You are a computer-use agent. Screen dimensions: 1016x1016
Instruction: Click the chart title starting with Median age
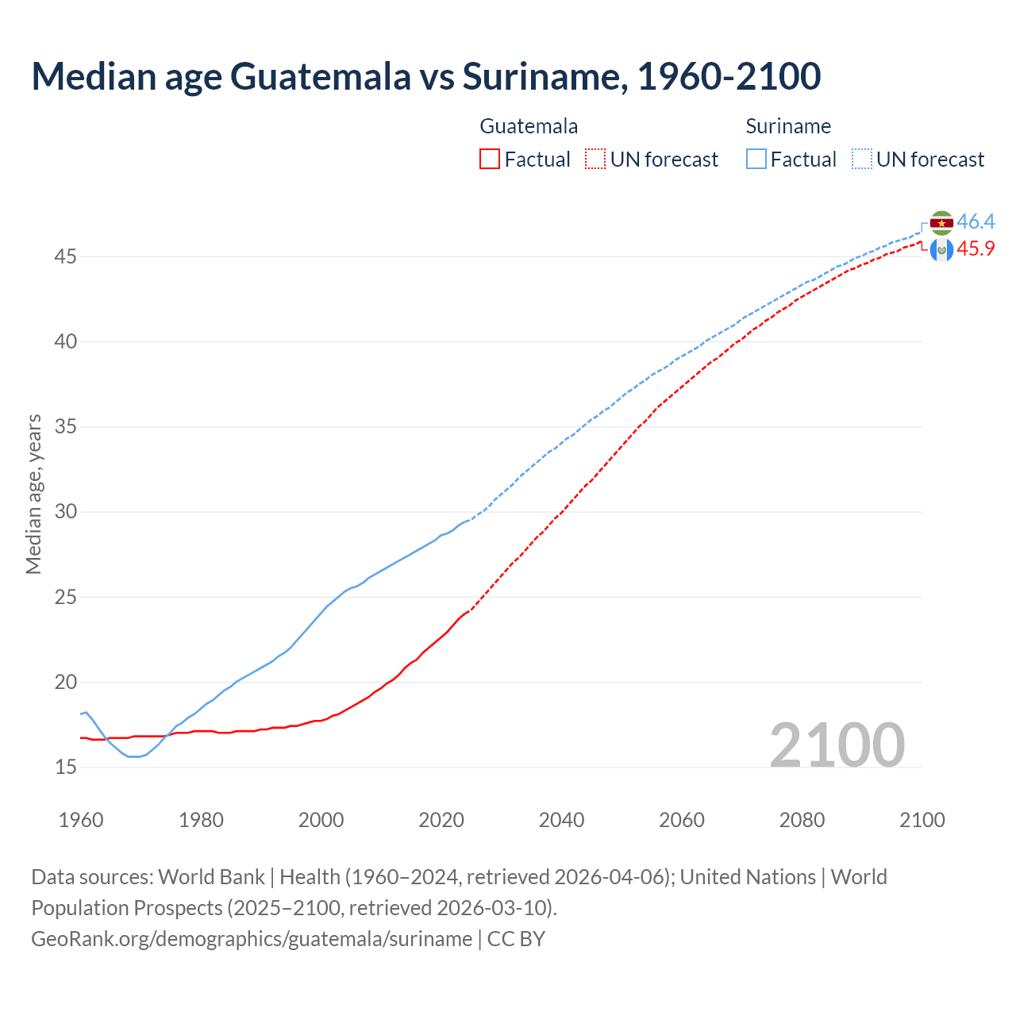pos(426,76)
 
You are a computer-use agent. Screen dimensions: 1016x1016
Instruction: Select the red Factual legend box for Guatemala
pos(490,160)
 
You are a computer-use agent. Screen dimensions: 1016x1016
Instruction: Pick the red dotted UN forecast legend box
pos(595,160)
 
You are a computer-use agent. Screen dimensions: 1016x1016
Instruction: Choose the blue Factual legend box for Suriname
pos(756,160)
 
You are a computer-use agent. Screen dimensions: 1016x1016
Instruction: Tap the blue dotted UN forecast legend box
pos(861,160)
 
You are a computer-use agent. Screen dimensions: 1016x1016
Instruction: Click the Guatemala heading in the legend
pos(529,126)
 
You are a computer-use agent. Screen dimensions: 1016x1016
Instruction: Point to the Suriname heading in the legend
pos(788,126)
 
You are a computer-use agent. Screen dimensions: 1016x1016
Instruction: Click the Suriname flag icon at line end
pos(941,223)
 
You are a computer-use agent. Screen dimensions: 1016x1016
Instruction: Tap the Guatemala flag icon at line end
pos(941,250)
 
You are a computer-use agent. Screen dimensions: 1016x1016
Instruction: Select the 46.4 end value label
pos(976,221)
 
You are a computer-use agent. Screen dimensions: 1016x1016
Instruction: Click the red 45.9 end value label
pos(976,248)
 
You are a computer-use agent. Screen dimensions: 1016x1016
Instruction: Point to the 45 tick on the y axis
pos(66,256)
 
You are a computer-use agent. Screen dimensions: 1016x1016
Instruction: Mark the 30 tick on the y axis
pos(66,512)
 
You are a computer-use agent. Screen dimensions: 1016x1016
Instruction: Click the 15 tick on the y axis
pos(66,767)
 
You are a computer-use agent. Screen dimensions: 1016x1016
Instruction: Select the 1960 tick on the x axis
pos(81,820)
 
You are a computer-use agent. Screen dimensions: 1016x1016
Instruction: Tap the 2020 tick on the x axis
pos(441,820)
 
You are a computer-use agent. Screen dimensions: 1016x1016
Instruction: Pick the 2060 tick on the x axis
pos(682,820)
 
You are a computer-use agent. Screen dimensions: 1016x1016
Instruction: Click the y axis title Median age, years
pos(33,494)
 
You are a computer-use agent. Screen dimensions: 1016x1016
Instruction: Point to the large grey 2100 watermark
pos(837,745)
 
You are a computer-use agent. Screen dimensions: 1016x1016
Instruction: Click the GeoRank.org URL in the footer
pos(252,939)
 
